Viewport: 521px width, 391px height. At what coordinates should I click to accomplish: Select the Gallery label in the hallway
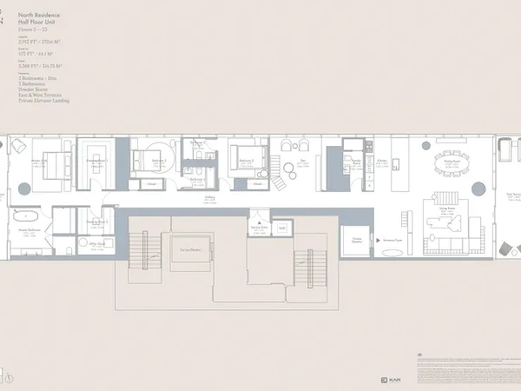(x=210, y=198)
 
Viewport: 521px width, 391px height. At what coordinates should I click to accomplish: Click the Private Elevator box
(x=356, y=240)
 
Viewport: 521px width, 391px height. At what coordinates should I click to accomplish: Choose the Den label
(x=303, y=161)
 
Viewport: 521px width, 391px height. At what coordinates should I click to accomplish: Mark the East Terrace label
(x=513, y=195)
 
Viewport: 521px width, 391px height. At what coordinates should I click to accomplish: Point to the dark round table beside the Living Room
(x=478, y=189)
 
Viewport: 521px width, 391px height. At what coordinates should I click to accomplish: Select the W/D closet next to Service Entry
(x=282, y=228)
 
